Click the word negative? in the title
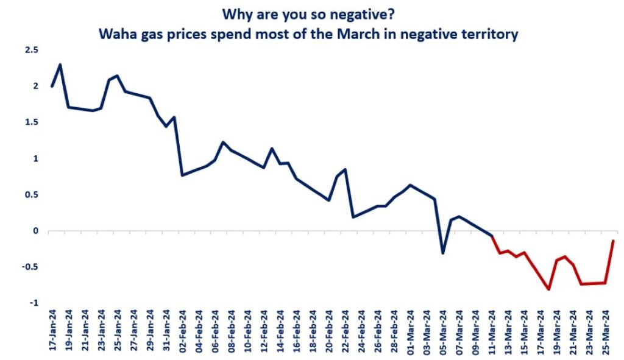372,13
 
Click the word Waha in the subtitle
117,34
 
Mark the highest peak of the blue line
60,65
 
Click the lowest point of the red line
548,289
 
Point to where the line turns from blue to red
491,236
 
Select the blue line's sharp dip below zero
443,253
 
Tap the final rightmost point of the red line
613,241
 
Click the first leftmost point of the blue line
52,86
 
